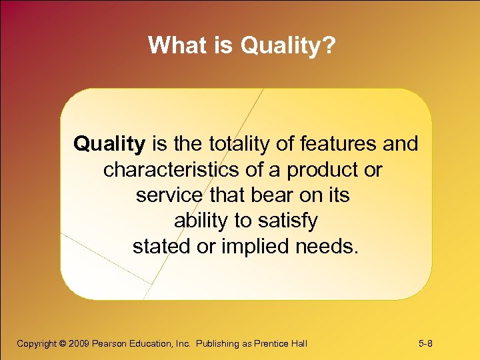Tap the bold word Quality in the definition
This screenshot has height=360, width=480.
click(109, 143)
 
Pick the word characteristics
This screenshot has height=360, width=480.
click(171, 169)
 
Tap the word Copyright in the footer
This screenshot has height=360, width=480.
click(37, 344)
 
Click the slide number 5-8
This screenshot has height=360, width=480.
click(426, 344)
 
